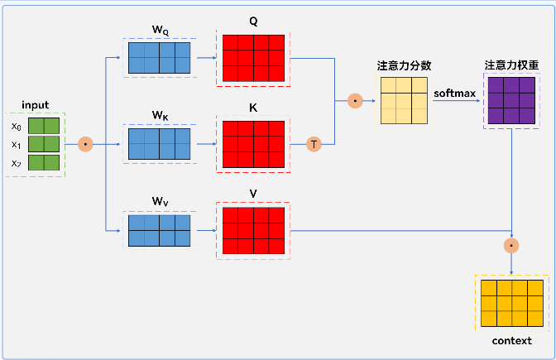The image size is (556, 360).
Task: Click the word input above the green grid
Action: click(35, 105)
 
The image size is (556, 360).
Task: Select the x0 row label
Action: click(17, 126)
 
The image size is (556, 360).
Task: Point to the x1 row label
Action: click(17, 144)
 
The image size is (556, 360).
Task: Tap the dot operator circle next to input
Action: click(85, 144)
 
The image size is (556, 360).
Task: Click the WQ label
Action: click(160, 31)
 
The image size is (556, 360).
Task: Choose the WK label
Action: click(160, 115)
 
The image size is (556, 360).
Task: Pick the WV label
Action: click(160, 201)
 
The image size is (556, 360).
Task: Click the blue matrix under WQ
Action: click(160, 58)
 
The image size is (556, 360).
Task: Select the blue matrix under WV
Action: click(160, 229)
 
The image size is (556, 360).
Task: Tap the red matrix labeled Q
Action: click(254, 59)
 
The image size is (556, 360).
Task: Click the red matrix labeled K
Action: click(254, 144)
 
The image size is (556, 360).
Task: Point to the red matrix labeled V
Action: click(254, 229)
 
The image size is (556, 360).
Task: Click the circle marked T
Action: click(314, 144)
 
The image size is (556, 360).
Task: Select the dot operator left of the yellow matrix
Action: click(355, 101)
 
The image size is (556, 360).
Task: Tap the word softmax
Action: click(454, 93)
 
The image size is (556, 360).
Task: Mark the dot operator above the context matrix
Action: click(512, 245)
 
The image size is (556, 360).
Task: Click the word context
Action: click(511, 340)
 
